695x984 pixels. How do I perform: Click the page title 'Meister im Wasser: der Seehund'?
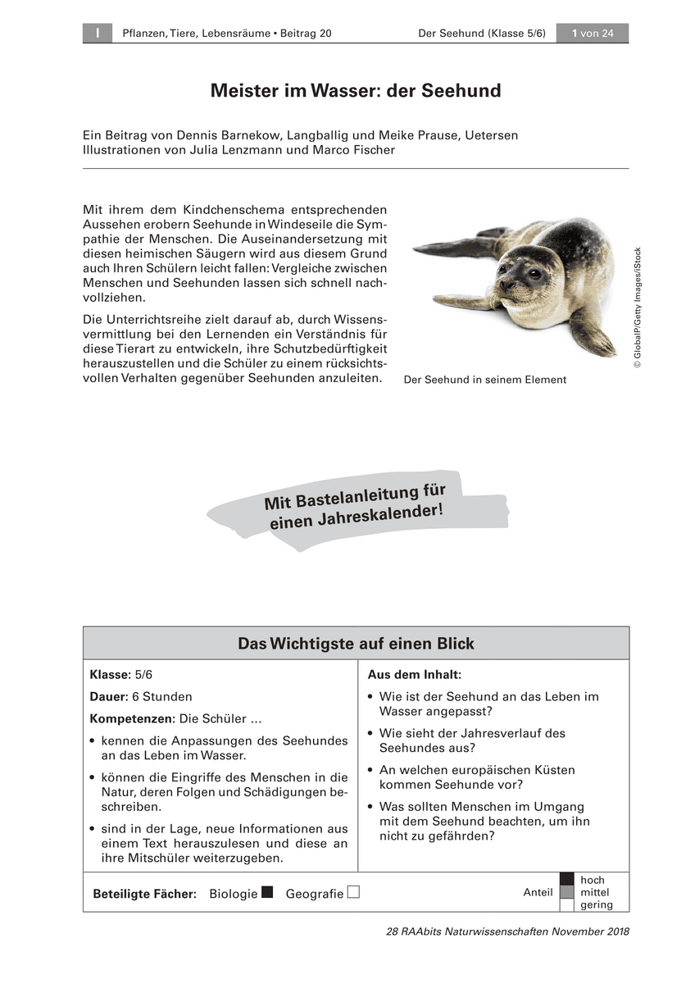coord(355,91)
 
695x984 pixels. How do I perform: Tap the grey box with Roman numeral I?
coord(97,34)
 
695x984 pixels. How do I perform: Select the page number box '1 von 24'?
coord(592,34)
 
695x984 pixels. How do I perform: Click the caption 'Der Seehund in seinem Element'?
coord(484,380)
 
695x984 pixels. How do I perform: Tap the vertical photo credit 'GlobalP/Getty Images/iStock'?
coord(638,307)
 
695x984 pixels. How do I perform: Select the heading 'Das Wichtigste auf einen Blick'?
coord(356,644)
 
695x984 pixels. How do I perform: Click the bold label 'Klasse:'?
coord(111,674)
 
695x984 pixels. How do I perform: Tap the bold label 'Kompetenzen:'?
coord(132,718)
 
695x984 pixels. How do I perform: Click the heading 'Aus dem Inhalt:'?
coord(414,674)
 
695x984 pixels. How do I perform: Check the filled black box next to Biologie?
coord(267,892)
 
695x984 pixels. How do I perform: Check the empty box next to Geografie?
coord(353,892)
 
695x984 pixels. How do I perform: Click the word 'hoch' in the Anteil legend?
coord(592,880)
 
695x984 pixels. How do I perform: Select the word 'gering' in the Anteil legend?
coord(596,905)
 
